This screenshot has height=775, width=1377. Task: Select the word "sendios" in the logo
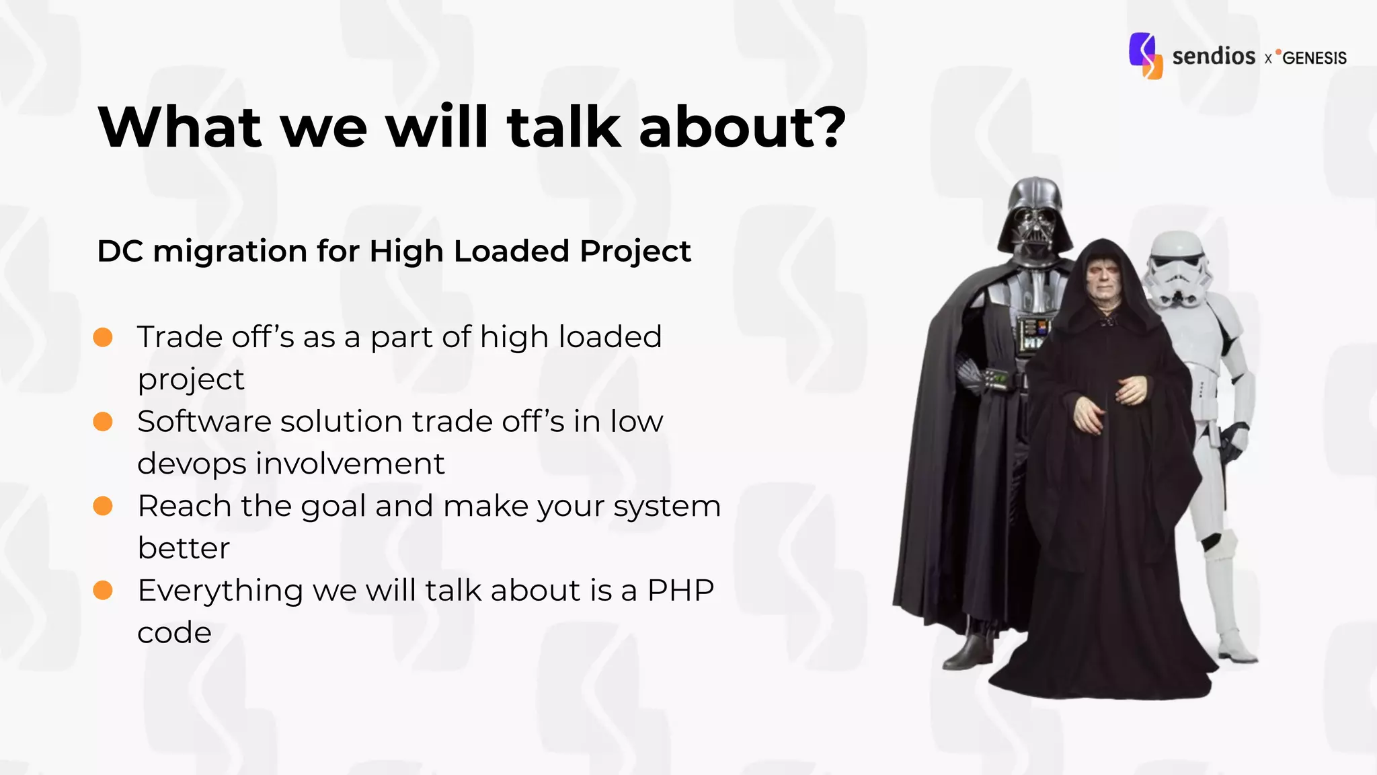(x=1214, y=56)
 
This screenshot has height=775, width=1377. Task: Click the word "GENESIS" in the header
(x=1314, y=58)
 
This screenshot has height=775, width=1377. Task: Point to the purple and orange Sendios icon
(x=1146, y=56)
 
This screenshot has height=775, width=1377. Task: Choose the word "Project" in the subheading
(x=635, y=252)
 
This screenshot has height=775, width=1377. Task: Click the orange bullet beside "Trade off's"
(x=103, y=337)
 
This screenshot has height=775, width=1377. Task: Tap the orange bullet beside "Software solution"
(x=103, y=422)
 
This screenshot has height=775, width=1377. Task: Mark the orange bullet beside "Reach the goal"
(x=103, y=506)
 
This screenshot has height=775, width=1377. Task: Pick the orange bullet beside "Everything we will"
(x=103, y=590)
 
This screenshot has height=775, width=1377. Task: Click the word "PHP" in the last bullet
(x=680, y=591)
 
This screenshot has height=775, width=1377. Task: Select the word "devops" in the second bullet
(x=192, y=464)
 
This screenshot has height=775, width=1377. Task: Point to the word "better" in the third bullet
(x=184, y=548)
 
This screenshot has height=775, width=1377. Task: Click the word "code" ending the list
(x=174, y=633)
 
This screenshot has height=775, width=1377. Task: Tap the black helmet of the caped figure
(x=1035, y=215)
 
